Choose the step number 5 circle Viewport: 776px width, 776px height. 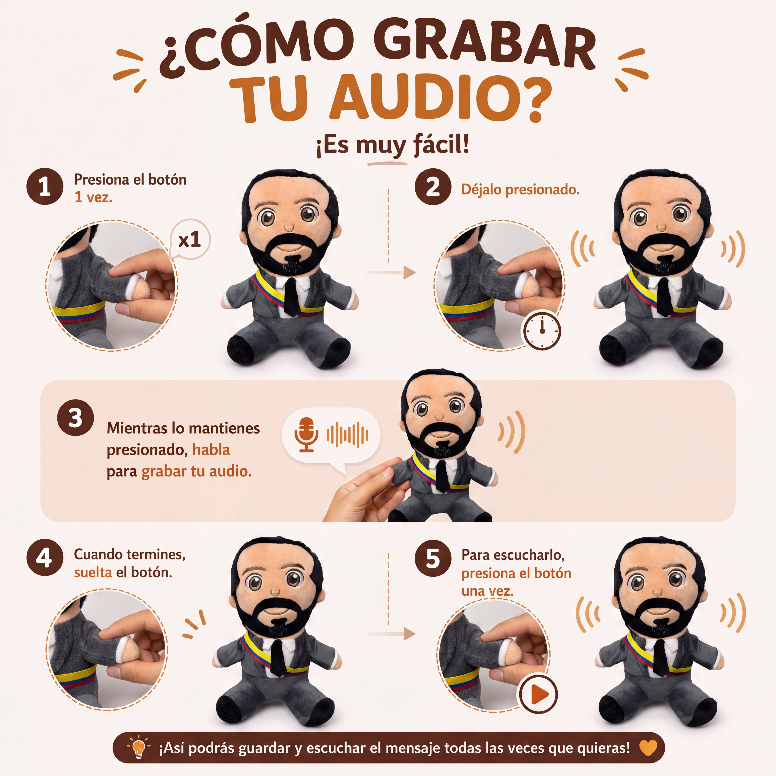point(433,558)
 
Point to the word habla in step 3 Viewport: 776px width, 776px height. point(211,450)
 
